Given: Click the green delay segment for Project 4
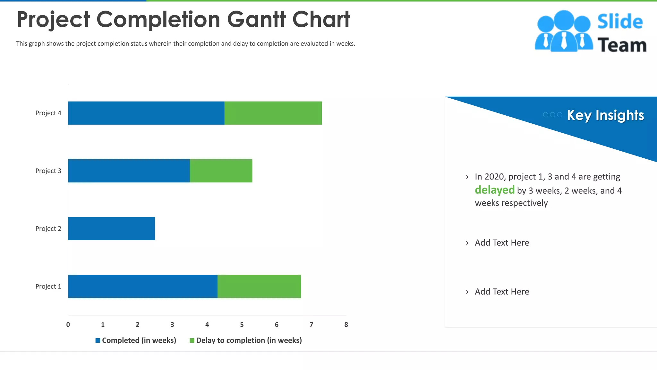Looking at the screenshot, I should [273, 113].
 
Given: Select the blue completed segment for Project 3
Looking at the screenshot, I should [129, 171].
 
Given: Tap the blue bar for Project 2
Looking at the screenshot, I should [111, 229].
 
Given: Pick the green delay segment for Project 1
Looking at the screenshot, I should [259, 286].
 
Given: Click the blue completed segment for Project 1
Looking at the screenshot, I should [143, 286].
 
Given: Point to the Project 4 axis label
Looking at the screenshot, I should [48, 113].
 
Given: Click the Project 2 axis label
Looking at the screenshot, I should [48, 229].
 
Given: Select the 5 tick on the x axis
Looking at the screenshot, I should [242, 325].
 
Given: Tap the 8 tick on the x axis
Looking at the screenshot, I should [346, 325].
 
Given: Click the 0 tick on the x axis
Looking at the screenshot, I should [68, 325].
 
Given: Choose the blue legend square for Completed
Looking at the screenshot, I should [98, 340].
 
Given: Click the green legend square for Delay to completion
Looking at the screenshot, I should [192, 340].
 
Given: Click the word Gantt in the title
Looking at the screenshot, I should [256, 19].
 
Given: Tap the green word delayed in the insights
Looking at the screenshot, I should [494, 190].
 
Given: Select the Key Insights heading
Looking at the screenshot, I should [605, 115].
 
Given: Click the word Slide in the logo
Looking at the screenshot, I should [620, 22].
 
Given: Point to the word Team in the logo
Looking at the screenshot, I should [622, 45].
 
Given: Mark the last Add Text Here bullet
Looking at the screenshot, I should [502, 292].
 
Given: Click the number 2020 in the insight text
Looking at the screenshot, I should [494, 177].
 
